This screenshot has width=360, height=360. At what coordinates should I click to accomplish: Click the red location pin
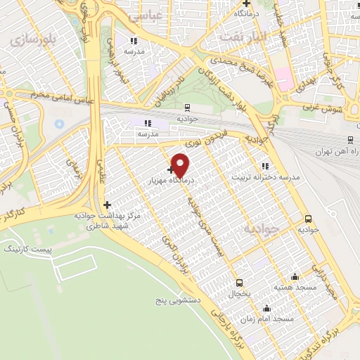pos(181,165)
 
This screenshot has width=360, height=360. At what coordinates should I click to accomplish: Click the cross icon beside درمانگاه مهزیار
pos(171,169)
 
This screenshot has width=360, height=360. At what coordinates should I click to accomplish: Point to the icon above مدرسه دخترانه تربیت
pos(265,166)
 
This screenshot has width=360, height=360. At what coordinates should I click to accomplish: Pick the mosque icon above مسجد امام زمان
pos(266,308)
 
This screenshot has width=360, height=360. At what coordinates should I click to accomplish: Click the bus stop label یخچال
pos(239,293)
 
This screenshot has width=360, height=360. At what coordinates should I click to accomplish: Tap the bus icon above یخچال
pos(239,283)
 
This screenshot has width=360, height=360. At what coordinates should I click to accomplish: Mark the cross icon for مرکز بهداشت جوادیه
pos(107,205)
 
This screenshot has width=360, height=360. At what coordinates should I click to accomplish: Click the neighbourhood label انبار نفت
pos(241,35)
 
